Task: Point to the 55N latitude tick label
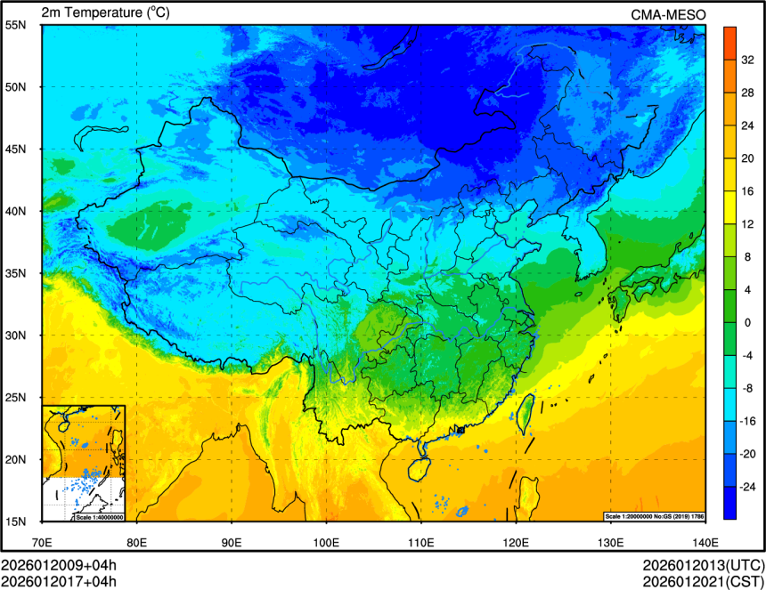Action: (x=15, y=25)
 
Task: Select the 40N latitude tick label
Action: (x=15, y=212)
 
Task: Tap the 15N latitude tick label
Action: (x=15, y=521)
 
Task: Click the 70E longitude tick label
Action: (x=42, y=542)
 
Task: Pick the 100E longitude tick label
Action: (x=326, y=542)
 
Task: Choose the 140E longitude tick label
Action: (x=705, y=542)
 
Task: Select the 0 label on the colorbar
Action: (x=747, y=322)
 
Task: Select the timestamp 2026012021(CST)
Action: (x=704, y=582)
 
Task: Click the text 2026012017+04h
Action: (x=59, y=582)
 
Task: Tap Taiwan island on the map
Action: (x=526, y=411)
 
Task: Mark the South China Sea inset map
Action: (x=84, y=463)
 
